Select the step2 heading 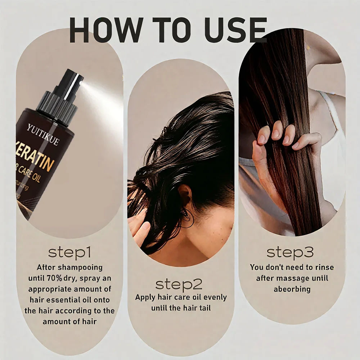[x=179, y=284]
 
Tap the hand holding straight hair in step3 [x=277, y=144]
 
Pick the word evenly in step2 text [x=214, y=297]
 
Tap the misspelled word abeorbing [x=292, y=289]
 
